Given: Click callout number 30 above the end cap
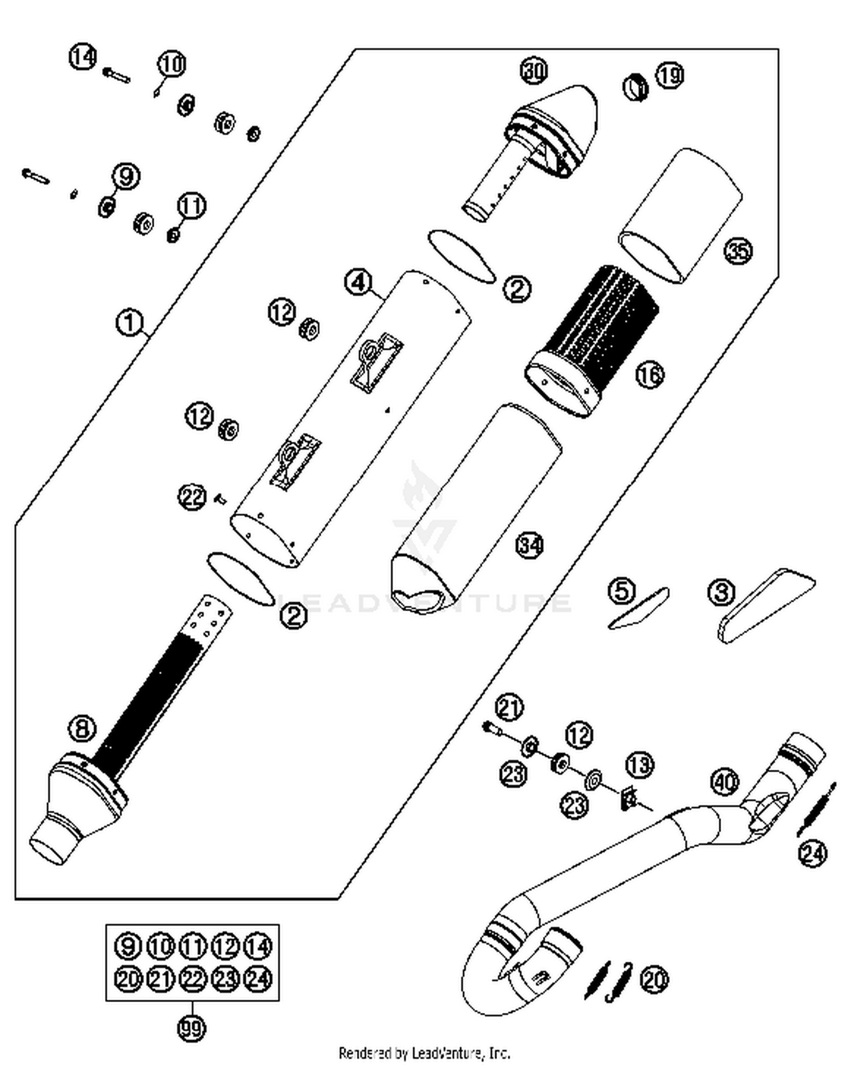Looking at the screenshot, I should point(534,71).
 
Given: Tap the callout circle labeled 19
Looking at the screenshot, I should point(670,75).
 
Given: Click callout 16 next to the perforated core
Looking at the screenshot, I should point(650,374).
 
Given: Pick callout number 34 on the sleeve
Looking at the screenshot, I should point(529,546).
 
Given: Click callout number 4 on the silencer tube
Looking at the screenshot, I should point(359,282).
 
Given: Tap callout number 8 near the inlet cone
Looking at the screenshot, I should point(82,728).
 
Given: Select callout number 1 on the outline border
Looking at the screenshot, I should point(129,323).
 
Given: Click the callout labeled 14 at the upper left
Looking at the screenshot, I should point(83,57).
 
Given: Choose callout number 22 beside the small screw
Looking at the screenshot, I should point(192,497).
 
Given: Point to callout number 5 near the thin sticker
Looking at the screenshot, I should point(622,591).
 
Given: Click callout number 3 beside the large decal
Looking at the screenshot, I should point(722,593).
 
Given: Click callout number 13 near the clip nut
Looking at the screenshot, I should point(640,765).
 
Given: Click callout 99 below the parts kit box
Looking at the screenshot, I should point(191,1028).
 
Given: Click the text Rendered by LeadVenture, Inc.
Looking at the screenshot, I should point(424,1054).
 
